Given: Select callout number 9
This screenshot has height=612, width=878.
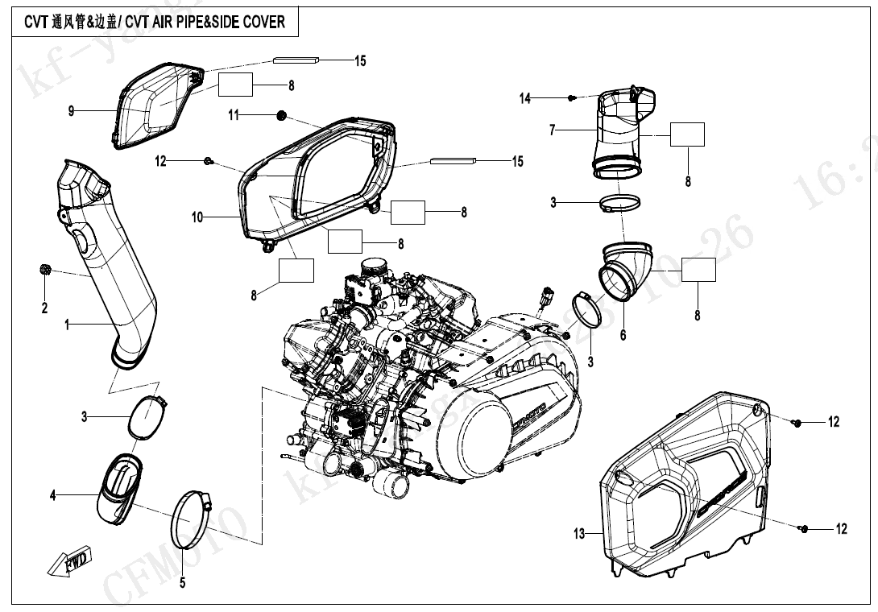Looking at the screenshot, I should (71, 111).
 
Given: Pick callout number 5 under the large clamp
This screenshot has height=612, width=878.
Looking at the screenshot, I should (183, 582).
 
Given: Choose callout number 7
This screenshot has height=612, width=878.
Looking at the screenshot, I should (553, 130).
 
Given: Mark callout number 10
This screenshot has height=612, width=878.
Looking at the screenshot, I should (197, 216).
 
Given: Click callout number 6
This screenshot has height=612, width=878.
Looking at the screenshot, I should (623, 336).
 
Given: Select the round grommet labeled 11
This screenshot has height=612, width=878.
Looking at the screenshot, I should (282, 115).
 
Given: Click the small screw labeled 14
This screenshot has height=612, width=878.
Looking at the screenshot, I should (572, 97).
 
